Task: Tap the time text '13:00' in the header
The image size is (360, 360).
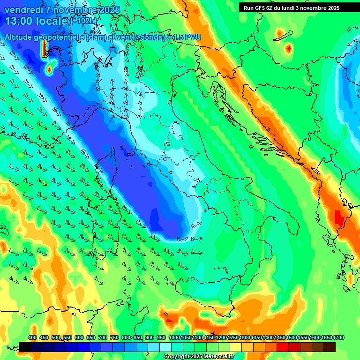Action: (20, 21)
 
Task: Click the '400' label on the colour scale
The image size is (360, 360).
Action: (32, 337)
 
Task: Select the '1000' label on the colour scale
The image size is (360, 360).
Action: (174, 337)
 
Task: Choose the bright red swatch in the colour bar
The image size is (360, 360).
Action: (283, 347)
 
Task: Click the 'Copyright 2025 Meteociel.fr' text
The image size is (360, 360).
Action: (199, 357)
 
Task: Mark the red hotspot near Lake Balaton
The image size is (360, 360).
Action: (289, 48)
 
